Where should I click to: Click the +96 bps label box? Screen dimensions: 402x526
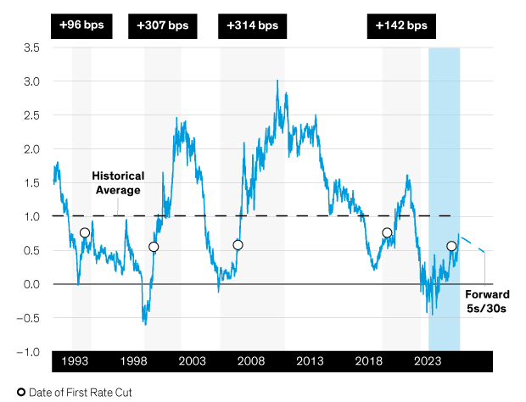point(81,26)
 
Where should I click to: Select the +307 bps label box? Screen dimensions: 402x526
point(163,26)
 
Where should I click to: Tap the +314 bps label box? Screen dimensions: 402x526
point(254,26)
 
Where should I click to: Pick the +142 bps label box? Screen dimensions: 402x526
point(402,26)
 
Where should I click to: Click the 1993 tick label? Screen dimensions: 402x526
point(76,362)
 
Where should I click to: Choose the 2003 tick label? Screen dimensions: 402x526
point(193,362)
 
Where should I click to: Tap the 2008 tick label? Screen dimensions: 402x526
point(251,362)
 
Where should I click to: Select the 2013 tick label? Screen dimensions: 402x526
point(310,362)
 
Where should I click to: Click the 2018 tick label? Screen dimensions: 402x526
point(368,362)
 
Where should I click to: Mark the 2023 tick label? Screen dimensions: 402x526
point(427,362)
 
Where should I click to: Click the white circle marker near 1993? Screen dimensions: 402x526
point(85,232)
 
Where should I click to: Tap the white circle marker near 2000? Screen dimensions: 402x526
point(154,247)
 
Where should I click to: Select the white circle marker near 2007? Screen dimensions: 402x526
point(238,245)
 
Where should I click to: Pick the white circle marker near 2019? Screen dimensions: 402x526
point(387,232)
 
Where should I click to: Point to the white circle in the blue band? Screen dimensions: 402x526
point(451,246)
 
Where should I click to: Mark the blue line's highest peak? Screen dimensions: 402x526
point(277,81)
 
